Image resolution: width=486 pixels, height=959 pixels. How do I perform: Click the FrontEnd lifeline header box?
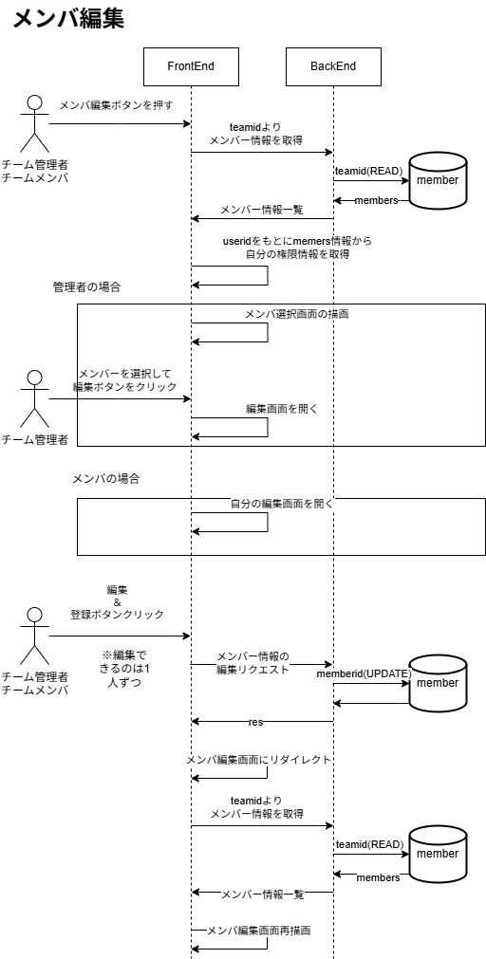coord(191,66)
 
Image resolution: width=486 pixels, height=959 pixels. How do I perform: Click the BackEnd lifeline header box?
coord(333,66)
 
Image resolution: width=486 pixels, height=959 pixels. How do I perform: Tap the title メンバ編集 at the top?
coord(68,19)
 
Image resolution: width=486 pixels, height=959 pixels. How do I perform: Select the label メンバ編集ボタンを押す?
coord(116,104)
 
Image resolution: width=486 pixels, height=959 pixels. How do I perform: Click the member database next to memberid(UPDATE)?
coord(438,683)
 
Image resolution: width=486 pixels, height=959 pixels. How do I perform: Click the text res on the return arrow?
coord(255,722)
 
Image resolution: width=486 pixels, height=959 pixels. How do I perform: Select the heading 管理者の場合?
coord(86,286)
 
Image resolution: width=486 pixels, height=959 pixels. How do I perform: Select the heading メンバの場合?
coord(106,479)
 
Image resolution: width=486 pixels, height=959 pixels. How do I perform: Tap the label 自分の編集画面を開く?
coord(281,504)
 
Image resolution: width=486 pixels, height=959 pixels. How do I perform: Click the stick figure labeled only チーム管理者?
coord(35,398)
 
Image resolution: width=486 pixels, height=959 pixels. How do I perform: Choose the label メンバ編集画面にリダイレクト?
coord(258,760)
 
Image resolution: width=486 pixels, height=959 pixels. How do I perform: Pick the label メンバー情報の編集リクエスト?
coord(252,663)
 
